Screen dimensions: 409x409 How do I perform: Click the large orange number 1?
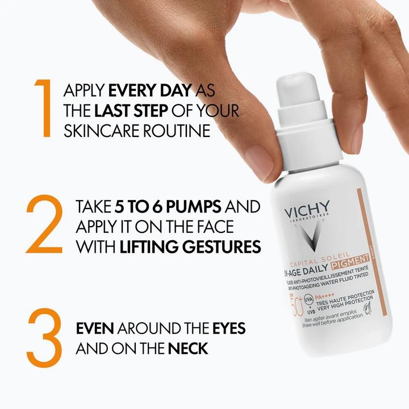tap(43, 108)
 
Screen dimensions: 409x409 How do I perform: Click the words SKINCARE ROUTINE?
tap(137, 130)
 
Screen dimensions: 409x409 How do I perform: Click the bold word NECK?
tap(187, 348)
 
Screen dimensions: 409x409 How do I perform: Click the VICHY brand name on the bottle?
tap(307, 214)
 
